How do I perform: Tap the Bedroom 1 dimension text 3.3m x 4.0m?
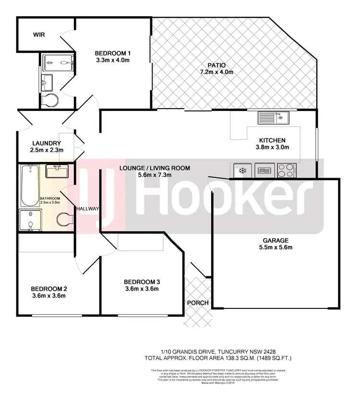point(112,60)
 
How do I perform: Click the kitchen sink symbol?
point(272,116)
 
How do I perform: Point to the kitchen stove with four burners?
point(286,170)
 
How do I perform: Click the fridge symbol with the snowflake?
point(242,170)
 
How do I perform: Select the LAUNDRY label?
point(46,143)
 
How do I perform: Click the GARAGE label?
point(275,240)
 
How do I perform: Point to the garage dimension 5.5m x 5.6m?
point(275,247)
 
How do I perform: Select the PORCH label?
point(198,303)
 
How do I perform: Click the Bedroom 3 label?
point(141,282)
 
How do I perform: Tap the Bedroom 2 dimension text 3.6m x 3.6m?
point(48,295)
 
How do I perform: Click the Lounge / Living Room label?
point(157,168)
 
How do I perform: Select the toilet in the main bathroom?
point(64,219)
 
